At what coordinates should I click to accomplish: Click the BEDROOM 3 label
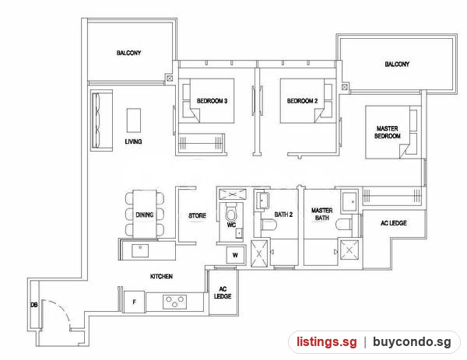[212, 101]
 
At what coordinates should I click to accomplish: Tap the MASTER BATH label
[322, 214]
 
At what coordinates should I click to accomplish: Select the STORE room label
[197, 215]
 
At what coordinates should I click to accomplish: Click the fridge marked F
[135, 302]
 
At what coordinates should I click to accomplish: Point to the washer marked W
[235, 255]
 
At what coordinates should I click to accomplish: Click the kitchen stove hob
[175, 302]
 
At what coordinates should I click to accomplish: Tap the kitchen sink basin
[140, 251]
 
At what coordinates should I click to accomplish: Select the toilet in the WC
[231, 211]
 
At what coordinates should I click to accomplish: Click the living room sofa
[101, 121]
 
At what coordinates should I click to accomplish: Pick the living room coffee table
[134, 121]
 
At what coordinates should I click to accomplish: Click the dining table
[145, 214]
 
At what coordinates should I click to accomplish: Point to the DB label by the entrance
[34, 305]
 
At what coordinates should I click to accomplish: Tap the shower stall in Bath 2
[259, 253]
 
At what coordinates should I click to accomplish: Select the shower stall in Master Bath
[349, 250]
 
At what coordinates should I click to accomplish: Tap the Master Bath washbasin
[349, 201]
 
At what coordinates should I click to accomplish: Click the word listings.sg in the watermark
[326, 341]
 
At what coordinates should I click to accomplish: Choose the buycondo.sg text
[412, 341]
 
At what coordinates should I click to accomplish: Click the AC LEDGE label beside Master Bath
[393, 223]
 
